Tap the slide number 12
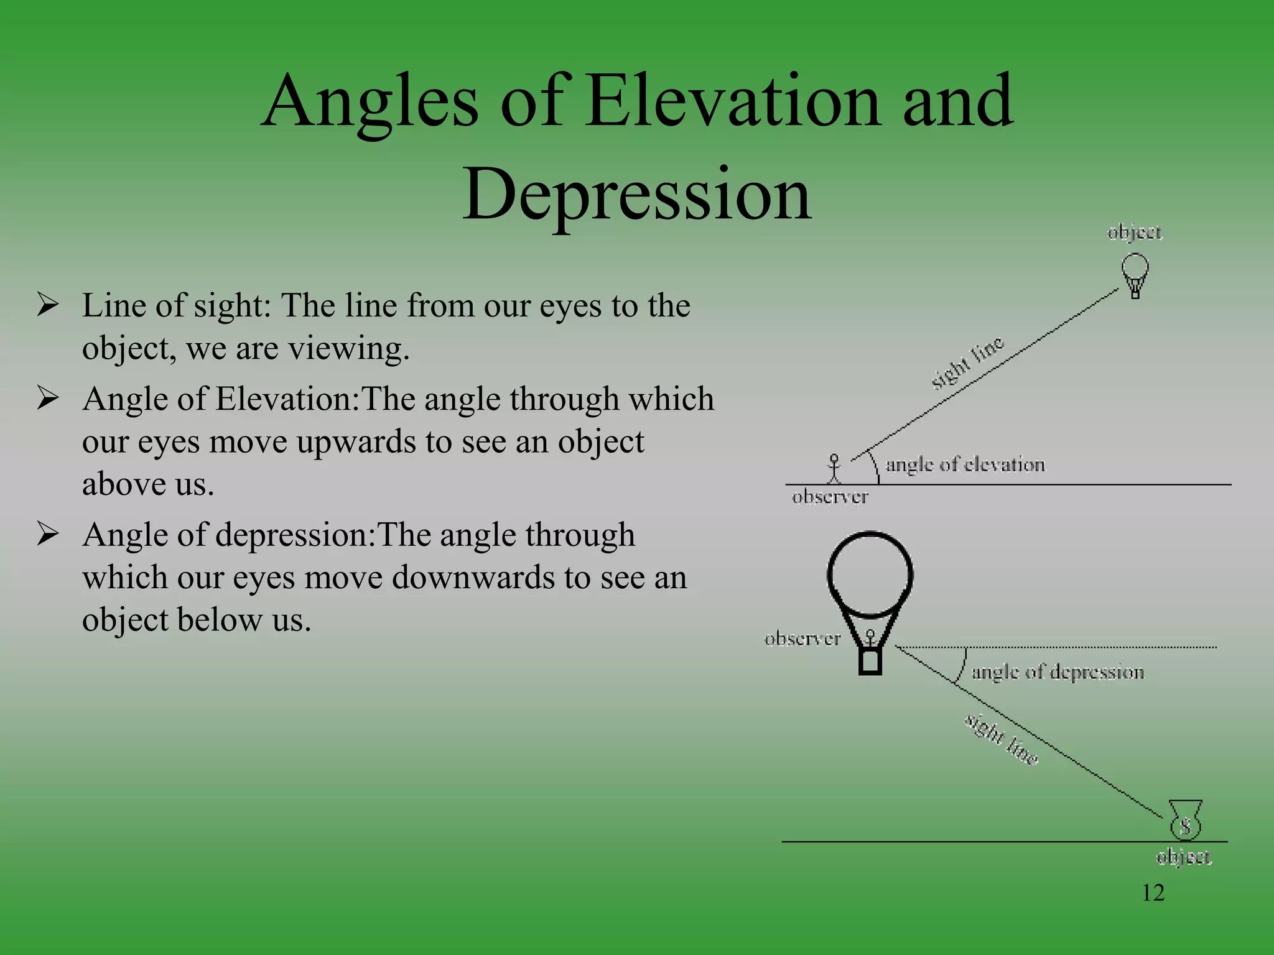pyautogui.click(x=1153, y=893)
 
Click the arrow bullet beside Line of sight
pyautogui.click(x=48, y=305)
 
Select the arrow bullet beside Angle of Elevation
pyautogui.click(x=48, y=398)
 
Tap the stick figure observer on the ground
pyautogui.click(x=834, y=469)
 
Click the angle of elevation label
pyautogui.click(x=965, y=464)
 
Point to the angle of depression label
pyautogui.click(x=1058, y=672)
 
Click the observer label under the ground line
pyautogui.click(x=830, y=497)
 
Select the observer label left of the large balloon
pyautogui.click(x=802, y=639)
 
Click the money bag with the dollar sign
pyautogui.click(x=1185, y=821)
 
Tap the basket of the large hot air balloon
pyautogui.click(x=870, y=661)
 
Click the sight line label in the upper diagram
pyautogui.click(x=967, y=363)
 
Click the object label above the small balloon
pyautogui.click(x=1134, y=233)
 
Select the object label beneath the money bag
pyautogui.click(x=1183, y=857)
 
